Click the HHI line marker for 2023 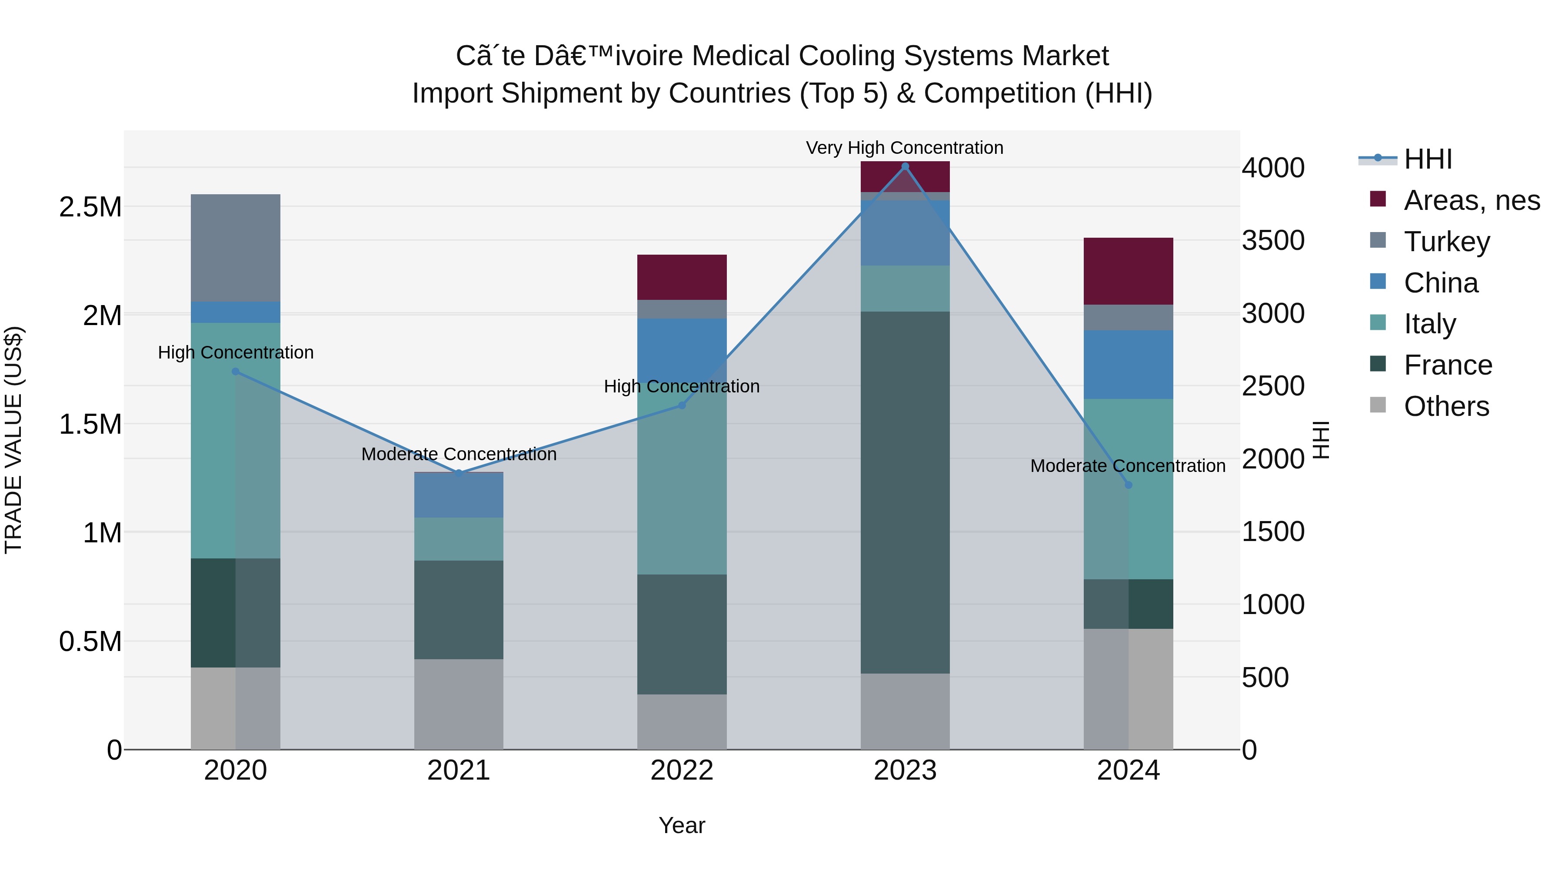coord(905,166)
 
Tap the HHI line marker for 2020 coord(236,371)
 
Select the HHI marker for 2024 coord(1128,485)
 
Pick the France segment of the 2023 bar coord(905,492)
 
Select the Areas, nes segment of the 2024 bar coord(1128,271)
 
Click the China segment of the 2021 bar coord(459,495)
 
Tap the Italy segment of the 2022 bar coord(682,480)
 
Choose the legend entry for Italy coord(1429,324)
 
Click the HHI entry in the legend coord(1427,159)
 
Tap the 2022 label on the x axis coord(682,770)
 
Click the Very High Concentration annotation coord(904,148)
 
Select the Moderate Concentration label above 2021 coord(459,454)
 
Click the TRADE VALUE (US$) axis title coord(13,440)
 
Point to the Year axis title coord(682,825)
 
